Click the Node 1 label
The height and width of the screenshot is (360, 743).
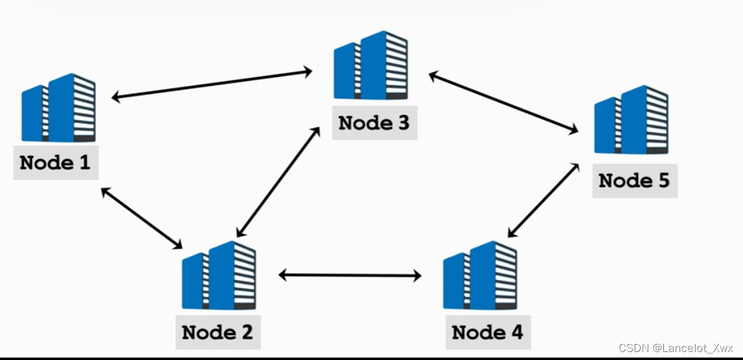(55, 162)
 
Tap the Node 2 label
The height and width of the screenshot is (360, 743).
(217, 331)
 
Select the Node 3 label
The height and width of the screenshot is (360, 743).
(374, 123)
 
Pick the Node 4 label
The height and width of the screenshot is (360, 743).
(487, 331)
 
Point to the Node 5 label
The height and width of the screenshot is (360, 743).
(635, 180)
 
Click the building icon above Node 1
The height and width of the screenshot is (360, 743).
(58, 108)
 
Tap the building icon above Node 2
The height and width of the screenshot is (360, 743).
(219, 276)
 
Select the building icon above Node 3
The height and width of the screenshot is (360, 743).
(371, 66)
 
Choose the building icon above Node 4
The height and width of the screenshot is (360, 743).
(480, 276)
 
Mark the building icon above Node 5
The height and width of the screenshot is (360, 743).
(631, 120)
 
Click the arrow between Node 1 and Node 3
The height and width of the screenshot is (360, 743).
(212, 83)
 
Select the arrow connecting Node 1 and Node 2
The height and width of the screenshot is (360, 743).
(142, 219)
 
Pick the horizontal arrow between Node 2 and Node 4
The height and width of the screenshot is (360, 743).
(350, 274)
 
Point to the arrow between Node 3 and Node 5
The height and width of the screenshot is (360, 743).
(503, 104)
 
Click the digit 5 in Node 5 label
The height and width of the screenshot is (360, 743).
(662, 180)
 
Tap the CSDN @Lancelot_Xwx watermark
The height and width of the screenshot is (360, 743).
(675, 348)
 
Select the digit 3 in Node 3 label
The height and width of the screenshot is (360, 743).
(402, 123)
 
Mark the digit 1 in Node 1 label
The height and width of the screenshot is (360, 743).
(84, 162)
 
